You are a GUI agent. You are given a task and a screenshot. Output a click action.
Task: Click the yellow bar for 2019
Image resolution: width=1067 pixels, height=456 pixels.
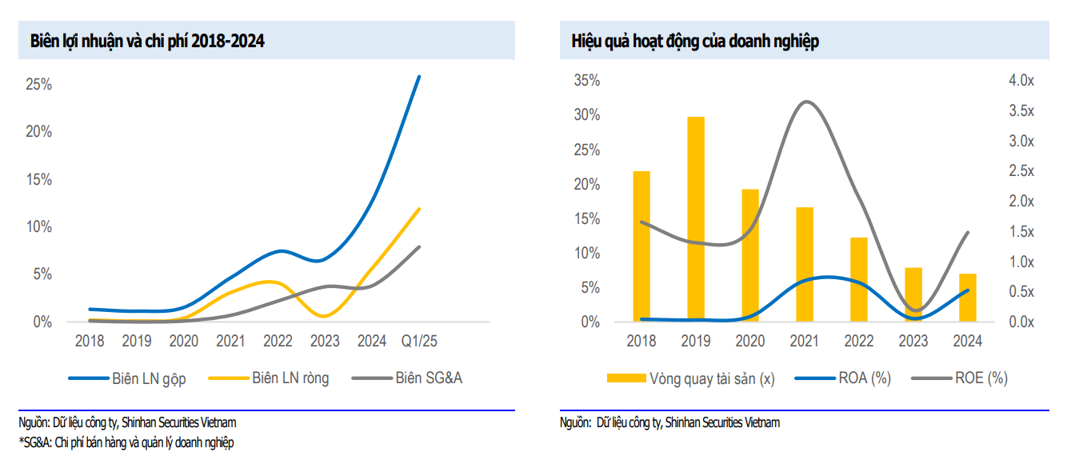[696, 219]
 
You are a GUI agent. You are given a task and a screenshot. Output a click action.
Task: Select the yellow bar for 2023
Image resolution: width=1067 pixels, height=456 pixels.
[913, 294]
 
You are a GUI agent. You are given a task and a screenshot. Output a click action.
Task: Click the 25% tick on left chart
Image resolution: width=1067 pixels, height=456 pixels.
[38, 84]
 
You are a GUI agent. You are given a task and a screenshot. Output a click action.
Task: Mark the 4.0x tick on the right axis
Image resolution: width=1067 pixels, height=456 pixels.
[1021, 81]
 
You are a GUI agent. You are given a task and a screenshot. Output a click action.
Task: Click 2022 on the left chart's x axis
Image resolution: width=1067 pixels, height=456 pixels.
[278, 342]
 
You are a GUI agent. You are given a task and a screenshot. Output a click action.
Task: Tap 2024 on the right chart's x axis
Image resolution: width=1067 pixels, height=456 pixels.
[968, 342]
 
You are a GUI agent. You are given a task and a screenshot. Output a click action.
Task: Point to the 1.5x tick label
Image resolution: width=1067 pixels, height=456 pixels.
[1021, 232]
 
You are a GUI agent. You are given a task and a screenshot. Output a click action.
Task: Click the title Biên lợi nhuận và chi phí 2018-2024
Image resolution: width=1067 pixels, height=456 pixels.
[147, 42]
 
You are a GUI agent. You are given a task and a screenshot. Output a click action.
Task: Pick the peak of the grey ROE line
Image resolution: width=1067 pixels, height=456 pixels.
[806, 102]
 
